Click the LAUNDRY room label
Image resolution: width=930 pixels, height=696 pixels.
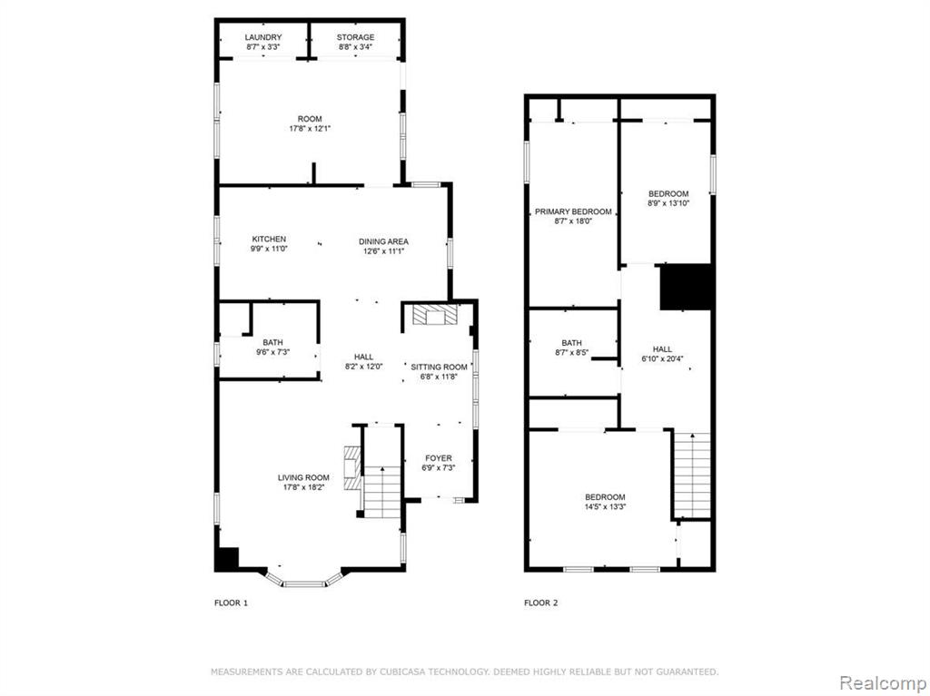[263, 37]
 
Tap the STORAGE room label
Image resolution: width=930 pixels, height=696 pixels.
[356, 37]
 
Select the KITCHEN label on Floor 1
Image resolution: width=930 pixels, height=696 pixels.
[269, 239]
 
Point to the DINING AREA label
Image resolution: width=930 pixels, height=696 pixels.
[384, 241]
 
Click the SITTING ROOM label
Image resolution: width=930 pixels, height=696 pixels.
[439, 367]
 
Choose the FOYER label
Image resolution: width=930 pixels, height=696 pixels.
[439, 458]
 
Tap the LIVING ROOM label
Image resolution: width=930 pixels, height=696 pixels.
[303, 478]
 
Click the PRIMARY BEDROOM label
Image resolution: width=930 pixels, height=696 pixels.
[574, 211]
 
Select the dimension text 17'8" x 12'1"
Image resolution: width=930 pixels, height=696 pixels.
[310, 128]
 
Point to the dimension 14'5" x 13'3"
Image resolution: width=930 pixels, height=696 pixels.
[606, 507]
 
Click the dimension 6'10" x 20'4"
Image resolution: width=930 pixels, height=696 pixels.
[662, 358]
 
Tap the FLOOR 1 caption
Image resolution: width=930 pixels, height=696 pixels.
[232, 603]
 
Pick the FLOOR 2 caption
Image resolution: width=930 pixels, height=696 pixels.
[541, 603]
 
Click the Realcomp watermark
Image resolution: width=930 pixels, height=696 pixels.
[883, 683]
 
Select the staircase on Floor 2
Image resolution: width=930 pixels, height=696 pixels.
[692, 475]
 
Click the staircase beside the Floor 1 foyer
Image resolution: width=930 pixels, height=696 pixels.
[382, 492]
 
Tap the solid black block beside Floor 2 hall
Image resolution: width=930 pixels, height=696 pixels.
[687, 287]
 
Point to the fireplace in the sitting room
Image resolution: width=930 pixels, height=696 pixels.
[435, 315]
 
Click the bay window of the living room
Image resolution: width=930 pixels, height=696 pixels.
[303, 581]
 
